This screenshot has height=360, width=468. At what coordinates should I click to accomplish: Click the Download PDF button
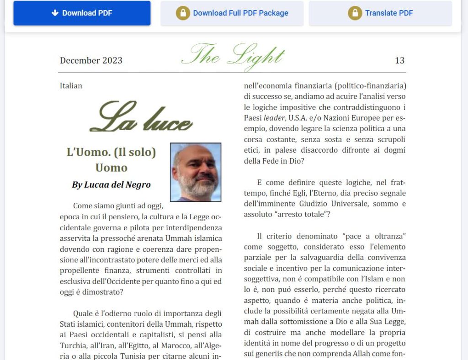[82, 13]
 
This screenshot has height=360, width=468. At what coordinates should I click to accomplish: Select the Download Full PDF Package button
[232, 13]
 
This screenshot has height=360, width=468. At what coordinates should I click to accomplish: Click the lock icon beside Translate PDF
[355, 13]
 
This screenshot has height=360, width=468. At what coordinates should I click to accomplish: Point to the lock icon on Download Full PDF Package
[183, 13]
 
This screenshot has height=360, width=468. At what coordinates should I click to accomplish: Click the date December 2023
[91, 61]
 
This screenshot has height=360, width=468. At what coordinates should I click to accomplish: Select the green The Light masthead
[233, 57]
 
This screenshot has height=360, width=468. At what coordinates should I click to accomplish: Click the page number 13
[399, 61]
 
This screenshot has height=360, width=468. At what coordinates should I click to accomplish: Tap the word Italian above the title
[71, 85]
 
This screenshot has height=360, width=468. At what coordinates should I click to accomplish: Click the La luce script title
[141, 117]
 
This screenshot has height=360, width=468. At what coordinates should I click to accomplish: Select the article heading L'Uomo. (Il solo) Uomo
[111, 159]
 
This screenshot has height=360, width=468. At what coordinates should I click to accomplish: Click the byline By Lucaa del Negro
[111, 185]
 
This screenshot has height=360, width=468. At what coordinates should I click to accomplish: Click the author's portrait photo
[196, 172]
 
